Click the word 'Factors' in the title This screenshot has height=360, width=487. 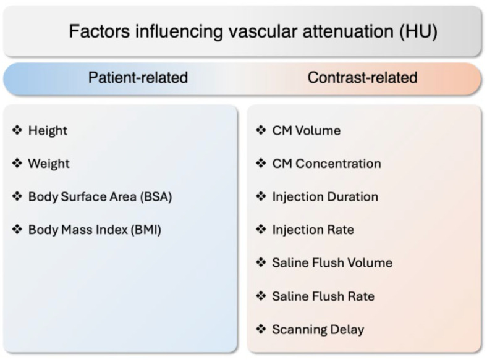100,31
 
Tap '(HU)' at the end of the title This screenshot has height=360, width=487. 418,31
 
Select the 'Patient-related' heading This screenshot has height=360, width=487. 138,78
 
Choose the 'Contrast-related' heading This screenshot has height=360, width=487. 362,78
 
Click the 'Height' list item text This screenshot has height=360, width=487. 48,131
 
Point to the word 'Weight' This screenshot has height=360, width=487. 49,164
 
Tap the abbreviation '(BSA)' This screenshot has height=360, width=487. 156,197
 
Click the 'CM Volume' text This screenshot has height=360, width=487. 307,131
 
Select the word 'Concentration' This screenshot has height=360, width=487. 338,164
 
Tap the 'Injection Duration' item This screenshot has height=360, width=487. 325,197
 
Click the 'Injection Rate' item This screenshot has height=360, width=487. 313,230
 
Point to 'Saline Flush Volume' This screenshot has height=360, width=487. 332,263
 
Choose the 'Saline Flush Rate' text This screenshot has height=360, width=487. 323,296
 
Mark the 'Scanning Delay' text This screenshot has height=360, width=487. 318,330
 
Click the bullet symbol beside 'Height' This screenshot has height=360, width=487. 17,130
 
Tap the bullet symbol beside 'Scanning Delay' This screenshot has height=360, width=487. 261,329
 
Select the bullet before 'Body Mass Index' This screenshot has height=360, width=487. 17,229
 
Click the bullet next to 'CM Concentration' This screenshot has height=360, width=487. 261,163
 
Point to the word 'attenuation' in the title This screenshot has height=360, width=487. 348,31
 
